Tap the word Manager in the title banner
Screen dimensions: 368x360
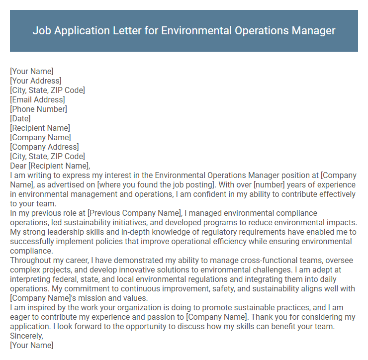pos(312,31)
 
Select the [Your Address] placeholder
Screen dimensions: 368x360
pos(36,81)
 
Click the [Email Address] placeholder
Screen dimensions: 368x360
pos(37,100)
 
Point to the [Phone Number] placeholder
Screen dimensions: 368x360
pos(38,109)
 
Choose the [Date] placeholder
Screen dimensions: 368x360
pos(20,119)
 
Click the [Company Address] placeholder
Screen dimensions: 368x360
pos(44,147)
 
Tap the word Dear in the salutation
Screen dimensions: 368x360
pos(18,166)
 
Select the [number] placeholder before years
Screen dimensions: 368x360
pos(269,185)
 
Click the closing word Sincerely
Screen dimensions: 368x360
pos(26,336)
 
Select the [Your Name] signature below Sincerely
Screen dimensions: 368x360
pos(31,346)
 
